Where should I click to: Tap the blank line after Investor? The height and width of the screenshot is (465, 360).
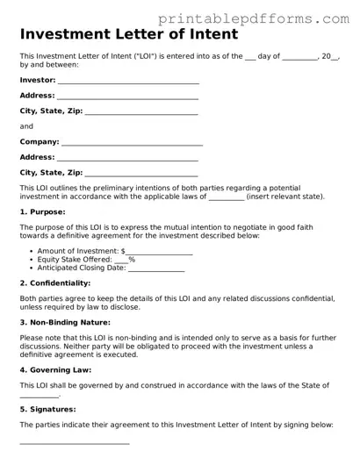coord(128,80)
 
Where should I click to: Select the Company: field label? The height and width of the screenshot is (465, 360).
coord(40,141)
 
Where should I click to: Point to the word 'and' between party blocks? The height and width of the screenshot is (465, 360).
coord(26,126)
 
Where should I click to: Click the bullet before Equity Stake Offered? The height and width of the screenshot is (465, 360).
coord(32,260)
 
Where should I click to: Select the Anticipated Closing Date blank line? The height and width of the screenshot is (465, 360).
coord(156,268)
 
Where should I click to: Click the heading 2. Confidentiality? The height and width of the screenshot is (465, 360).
coord(54,283)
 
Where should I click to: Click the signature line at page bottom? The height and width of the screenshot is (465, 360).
coord(75,443)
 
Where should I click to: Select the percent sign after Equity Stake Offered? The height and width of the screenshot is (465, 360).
coord(132,260)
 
